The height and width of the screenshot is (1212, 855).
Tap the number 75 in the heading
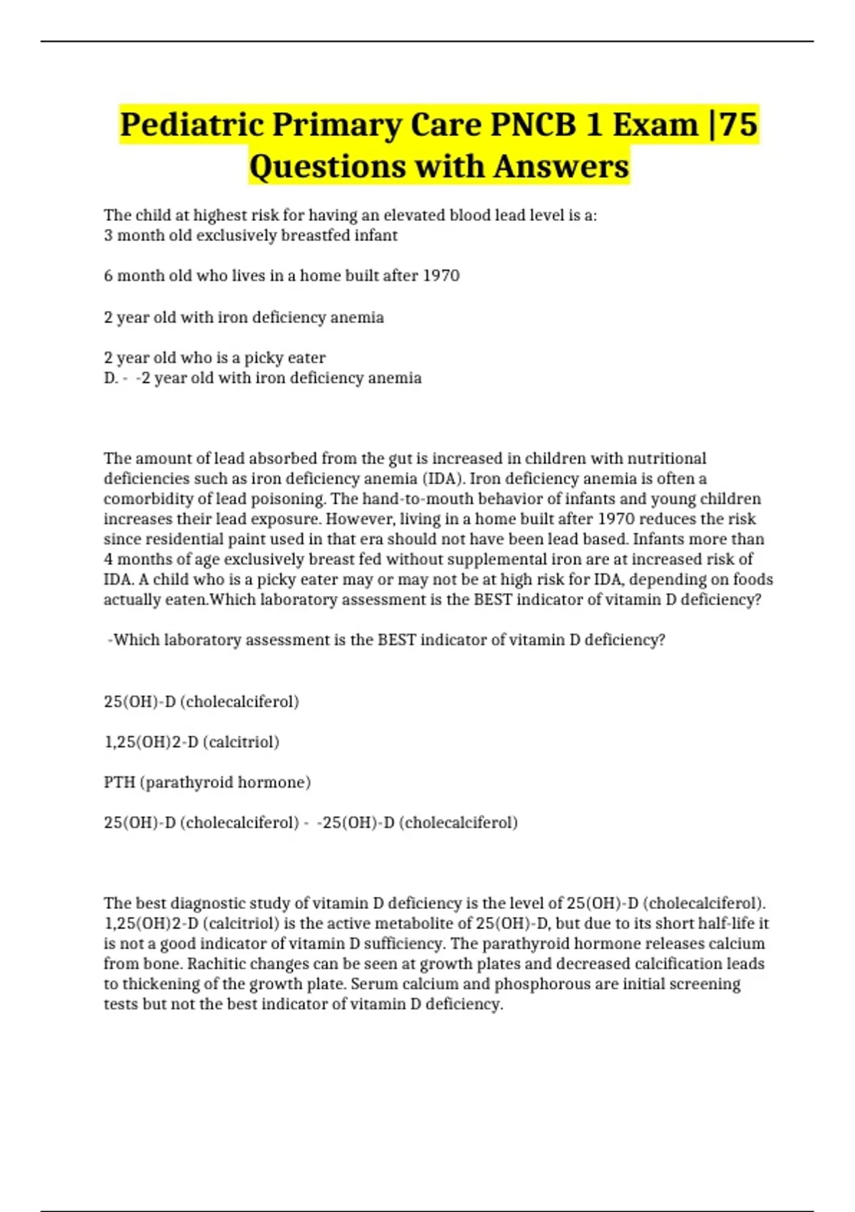(739, 125)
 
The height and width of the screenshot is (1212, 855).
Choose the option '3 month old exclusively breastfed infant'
(251, 235)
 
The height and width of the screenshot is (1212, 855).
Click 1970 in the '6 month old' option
(441, 276)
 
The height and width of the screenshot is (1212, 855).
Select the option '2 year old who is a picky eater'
(214, 357)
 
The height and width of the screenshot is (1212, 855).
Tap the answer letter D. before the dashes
(110, 378)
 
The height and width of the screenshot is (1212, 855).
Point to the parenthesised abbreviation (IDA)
(443, 478)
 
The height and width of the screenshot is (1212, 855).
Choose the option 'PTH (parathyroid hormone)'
(207, 782)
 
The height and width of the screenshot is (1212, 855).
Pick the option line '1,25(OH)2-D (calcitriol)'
(192, 742)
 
